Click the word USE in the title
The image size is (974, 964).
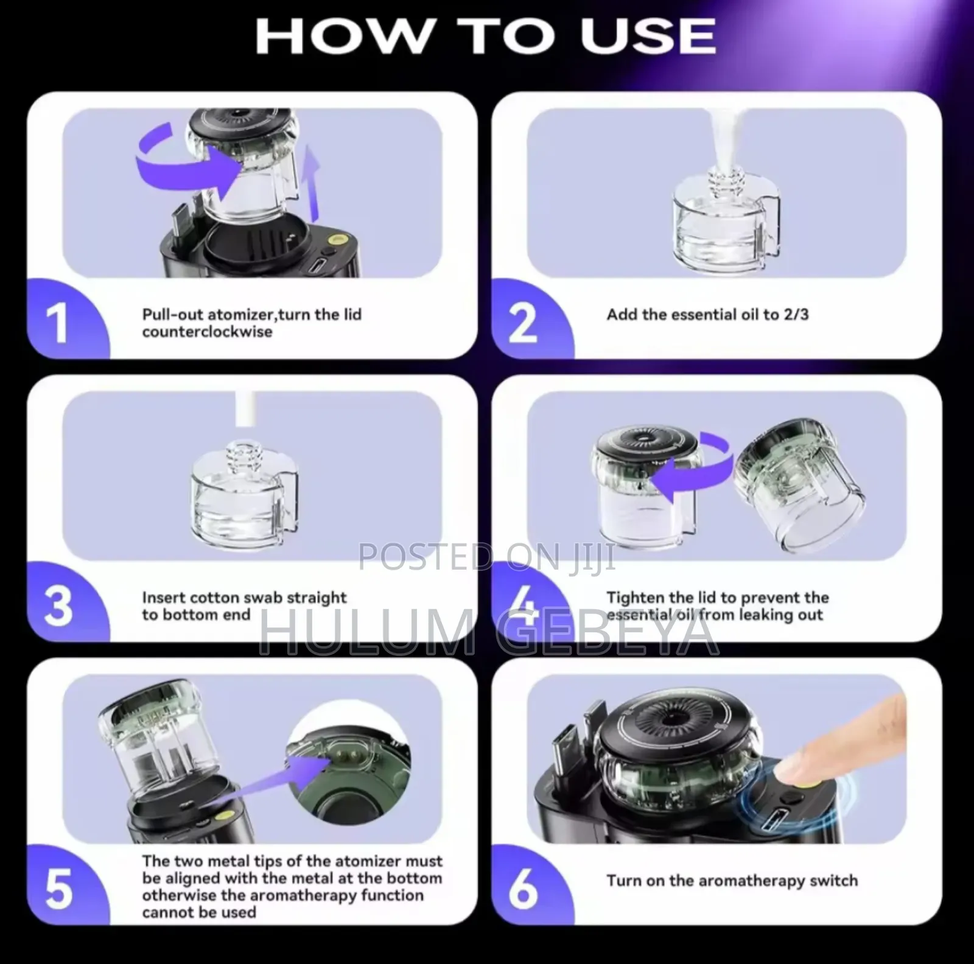pyautogui.click(x=648, y=35)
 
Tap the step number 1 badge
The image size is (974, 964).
pyautogui.click(x=57, y=323)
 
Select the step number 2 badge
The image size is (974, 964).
pyautogui.click(x=522, y=323)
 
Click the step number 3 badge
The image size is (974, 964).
pyautogui.click(x=58, y=606)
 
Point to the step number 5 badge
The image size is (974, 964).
pyautogui.click(x=58, y=889)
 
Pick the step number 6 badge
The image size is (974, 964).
pyautogui.click(x=522, y=889)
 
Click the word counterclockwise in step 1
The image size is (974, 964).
pyautogui.click(x=207, y=332)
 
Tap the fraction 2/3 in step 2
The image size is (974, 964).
pyautogui.click(x=796, y=315)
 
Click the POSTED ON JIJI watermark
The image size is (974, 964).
pyautogui.click(x=487, y=557)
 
